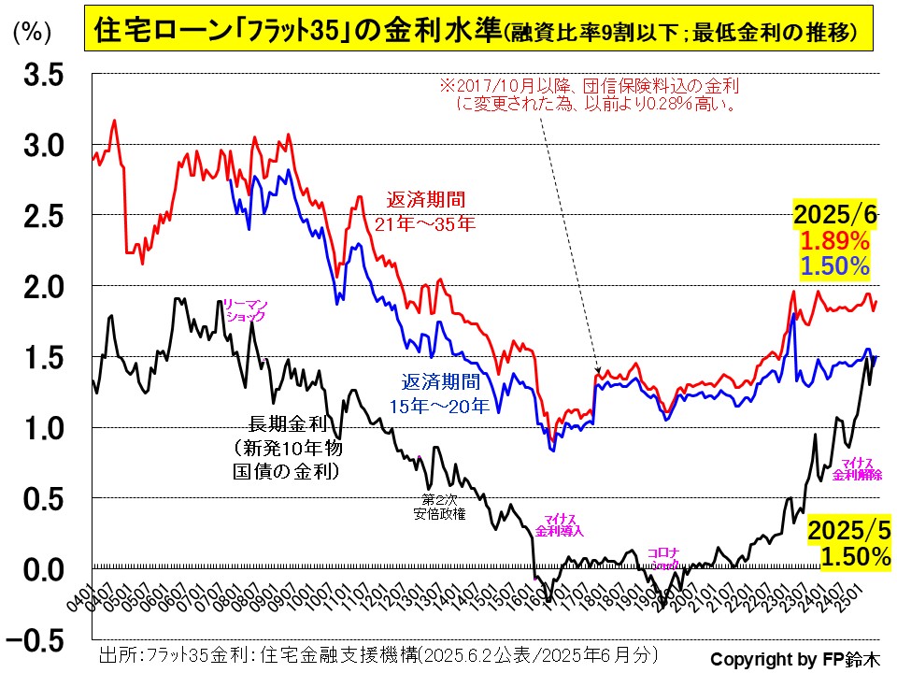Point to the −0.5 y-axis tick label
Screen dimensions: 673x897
38,640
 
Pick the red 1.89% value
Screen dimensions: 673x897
834,241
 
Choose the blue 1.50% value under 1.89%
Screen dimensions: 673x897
834,266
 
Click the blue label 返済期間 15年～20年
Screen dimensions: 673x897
439,394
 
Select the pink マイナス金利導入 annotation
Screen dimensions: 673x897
560,525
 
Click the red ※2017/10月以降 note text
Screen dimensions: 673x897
589,94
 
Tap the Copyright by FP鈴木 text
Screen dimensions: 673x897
794,657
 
